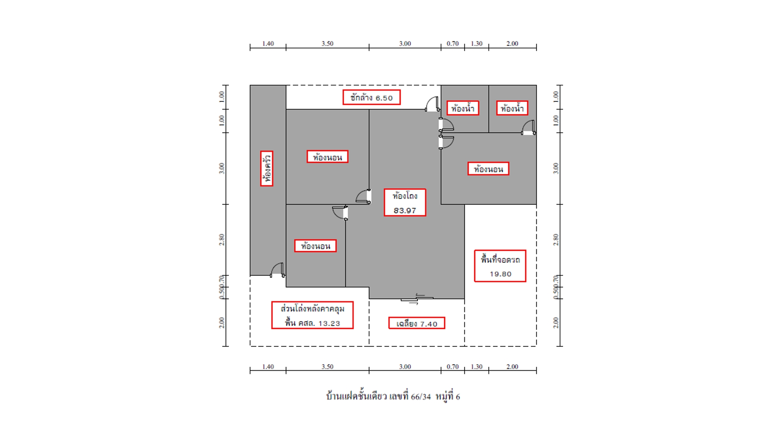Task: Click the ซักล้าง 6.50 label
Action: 371,97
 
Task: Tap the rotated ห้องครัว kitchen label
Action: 267,169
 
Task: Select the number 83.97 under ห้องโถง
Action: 405,211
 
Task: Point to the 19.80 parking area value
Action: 501,274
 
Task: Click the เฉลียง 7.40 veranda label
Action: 417,323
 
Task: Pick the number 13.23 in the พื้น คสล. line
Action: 329,323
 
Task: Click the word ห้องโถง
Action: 405,196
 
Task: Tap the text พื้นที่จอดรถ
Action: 500,260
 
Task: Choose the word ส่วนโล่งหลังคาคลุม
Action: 312,308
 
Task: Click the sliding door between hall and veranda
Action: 417,299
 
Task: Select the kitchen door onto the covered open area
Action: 278,270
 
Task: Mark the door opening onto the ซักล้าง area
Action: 433,104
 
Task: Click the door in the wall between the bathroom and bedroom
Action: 529,128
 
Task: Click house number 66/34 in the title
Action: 421,397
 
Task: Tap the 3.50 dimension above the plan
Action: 327,44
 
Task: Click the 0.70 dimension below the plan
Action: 453,367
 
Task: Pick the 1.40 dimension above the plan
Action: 268,44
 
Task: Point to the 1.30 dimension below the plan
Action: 477,367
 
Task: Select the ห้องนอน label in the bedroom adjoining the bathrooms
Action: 488,169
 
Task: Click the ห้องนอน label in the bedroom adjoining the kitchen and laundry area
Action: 327,157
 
